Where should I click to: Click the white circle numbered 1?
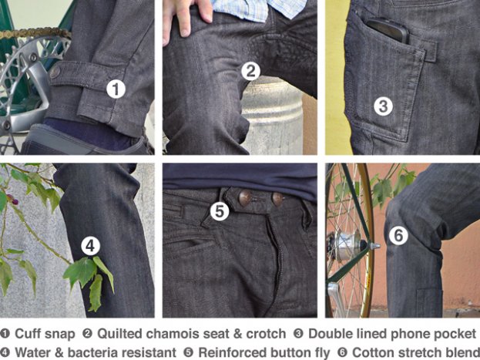tap(116, 89)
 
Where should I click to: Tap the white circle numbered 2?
tap(250, 72)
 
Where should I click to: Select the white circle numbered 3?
tap(383, 106)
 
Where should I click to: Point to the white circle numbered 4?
tap(91, 246)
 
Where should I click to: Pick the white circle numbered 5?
tap(220, 211)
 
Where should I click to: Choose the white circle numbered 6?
tap(398, 235)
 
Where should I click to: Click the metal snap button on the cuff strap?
tap(55, 72)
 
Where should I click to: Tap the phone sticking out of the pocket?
tap(388, 30)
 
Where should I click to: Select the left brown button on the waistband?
tap(245, 198)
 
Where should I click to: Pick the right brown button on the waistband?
tap(277, 199)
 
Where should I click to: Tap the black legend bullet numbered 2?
tap(87, 333)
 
